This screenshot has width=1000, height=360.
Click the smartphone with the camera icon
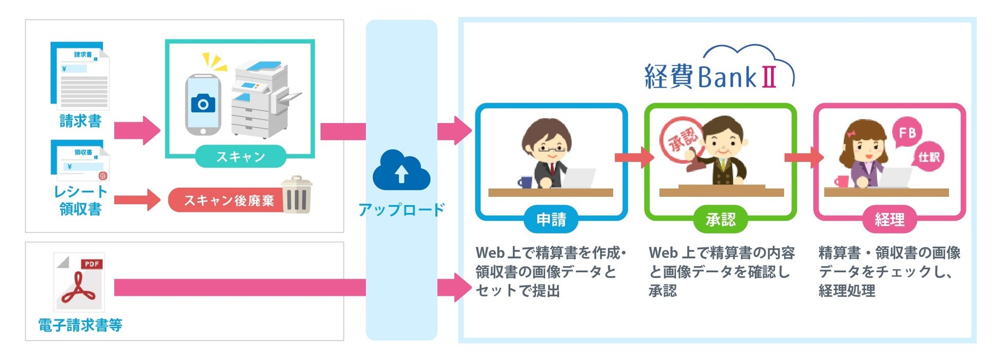203,105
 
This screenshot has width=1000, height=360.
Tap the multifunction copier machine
263,98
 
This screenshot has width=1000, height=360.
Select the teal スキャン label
240,156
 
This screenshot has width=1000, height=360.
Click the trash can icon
296,195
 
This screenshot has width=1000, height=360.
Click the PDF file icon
79,282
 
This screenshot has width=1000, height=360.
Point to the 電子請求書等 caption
80,325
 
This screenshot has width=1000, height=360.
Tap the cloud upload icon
401,171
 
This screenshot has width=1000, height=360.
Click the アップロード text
401,210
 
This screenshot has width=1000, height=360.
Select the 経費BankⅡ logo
718,72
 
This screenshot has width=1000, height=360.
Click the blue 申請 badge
551,219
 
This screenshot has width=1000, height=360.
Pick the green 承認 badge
720,219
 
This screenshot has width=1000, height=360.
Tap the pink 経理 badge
889,219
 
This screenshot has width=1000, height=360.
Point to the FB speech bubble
907,133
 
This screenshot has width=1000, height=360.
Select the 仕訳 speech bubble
929,157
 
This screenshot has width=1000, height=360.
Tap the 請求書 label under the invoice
80,121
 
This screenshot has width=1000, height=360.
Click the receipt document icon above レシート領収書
80,160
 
